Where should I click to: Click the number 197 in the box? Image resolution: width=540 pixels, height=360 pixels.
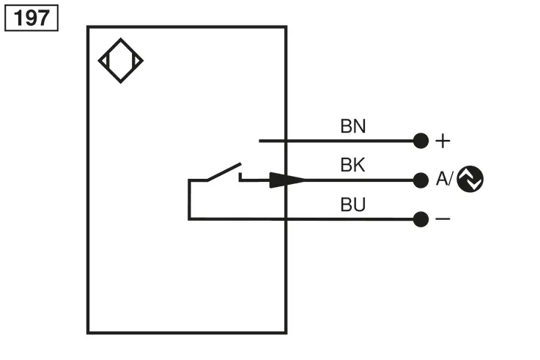pos(32,18)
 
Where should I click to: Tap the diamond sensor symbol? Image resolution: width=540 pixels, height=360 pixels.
pos(121,39)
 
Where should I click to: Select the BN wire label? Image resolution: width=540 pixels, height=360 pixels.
pos(353,126)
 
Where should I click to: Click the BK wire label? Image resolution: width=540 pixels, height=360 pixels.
pos(352,165)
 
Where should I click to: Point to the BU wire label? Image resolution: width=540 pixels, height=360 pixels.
pos(353,205)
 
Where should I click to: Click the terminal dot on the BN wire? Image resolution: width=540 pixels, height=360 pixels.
pos(421,141)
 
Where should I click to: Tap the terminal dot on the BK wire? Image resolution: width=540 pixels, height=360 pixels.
pos(421,180)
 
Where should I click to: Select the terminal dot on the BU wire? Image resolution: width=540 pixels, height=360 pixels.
pos(421,219)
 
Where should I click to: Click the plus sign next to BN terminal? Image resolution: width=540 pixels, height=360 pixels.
pos(443,142)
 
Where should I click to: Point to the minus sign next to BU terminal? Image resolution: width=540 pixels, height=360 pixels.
pos(443,218)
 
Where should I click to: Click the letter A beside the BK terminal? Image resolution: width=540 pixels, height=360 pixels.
pos(442,179)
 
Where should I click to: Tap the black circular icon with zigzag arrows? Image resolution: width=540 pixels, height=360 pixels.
pos(470,179)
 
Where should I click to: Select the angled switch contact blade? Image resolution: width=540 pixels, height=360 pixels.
pos(224,172)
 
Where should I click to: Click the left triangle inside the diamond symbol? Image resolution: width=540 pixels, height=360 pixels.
pos(105,61)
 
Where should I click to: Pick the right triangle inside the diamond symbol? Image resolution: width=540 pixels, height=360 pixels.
pos(136,61)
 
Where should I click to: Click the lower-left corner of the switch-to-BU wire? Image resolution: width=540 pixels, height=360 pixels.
pos(189,218)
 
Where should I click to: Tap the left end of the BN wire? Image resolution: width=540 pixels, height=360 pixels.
pos(259,141)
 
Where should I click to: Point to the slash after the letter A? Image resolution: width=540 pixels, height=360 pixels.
pos(451,179)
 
